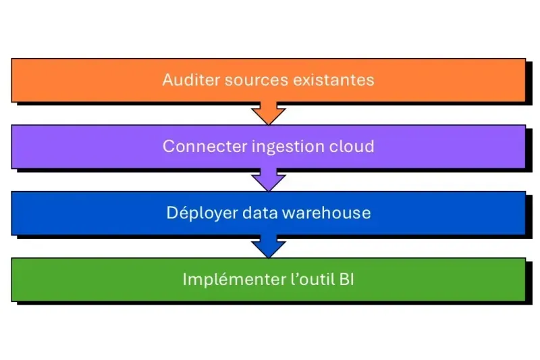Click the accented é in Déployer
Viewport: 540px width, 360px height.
(180, 213)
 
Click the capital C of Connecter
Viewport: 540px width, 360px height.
(169, 146)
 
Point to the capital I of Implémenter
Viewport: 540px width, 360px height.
(185, 279)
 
